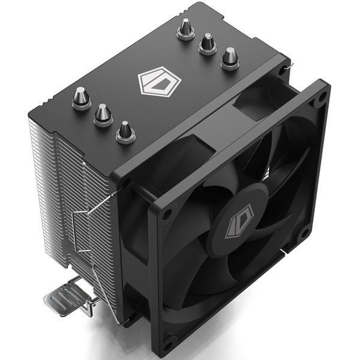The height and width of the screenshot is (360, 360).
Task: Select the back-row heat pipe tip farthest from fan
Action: [x=185, y=29]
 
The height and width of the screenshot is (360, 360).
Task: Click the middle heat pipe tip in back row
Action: [x=208, y=44]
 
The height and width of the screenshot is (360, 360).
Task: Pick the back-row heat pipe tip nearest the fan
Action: [x=229, y=58]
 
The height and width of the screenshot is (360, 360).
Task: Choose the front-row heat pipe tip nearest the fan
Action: [x=125, y=130]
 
